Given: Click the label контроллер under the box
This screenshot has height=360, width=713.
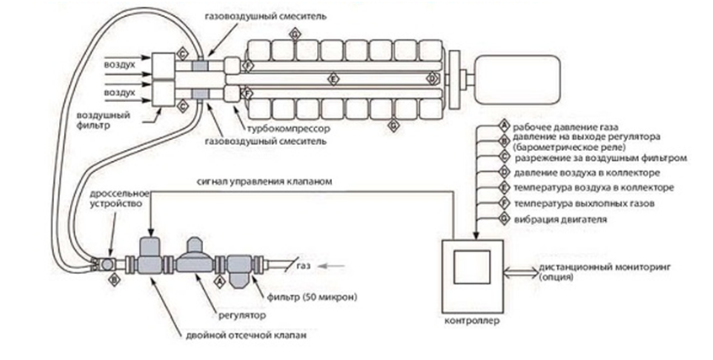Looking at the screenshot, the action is (x=472, y=321).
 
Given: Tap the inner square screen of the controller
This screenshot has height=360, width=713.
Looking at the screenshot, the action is (x=472, y=266).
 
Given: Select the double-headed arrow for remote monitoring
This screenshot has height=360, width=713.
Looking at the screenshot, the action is (x=521, y=271).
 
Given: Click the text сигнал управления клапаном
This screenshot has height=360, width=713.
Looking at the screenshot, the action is (x=265, y=181).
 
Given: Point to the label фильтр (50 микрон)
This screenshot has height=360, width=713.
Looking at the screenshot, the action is (x=312, y=298).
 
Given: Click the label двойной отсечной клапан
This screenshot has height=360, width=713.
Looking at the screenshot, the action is (x=246, y=336).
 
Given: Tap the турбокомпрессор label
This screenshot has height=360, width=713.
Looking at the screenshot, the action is (x=288, y=129).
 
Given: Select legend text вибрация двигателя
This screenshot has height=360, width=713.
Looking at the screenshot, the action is (x=560, y=219).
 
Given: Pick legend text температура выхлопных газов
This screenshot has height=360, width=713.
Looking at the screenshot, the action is (x=584, y=203).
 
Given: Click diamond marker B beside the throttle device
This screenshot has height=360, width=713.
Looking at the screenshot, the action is (x=114, y=280).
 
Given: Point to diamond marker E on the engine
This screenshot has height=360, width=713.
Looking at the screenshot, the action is (x=333, y=79).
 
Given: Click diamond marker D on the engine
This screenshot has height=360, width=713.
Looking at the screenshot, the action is (x=432, y=79).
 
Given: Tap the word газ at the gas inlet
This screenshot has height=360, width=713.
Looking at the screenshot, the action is (x=303, y=266).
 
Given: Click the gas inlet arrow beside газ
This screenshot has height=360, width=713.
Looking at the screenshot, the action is (x=331, y=266).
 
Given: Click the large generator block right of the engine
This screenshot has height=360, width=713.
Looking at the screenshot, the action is (x=517, y=78).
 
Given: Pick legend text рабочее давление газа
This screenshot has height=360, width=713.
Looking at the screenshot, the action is (x=566, y=127).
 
